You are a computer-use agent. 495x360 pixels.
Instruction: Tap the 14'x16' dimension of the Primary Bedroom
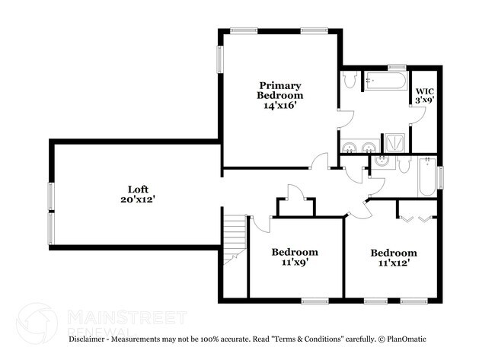[279, 106]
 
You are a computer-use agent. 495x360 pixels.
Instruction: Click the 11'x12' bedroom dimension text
[393, 263]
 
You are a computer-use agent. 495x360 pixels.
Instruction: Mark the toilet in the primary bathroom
[351, 79]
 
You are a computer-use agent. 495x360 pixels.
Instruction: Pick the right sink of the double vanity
[369, 147]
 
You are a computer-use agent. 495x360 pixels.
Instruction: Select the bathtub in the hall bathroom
[426, 177]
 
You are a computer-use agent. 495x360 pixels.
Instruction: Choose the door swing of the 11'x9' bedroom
[260, 223]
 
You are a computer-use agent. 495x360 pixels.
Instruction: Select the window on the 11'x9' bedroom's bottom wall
[311, 300]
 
